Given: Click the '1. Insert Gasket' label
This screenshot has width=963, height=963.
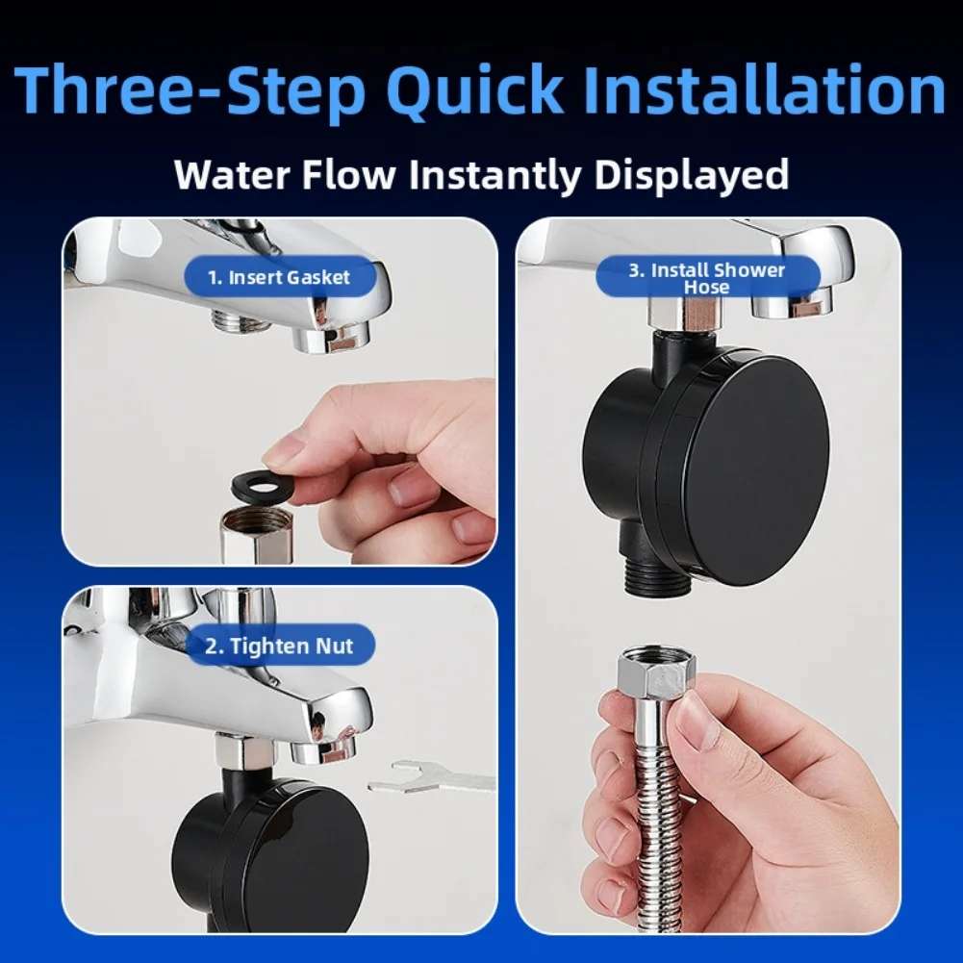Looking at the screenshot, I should [279, 278].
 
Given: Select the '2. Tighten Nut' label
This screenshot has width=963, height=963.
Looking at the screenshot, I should [279, 646].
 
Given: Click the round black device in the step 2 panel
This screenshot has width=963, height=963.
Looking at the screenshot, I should [269, 847].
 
